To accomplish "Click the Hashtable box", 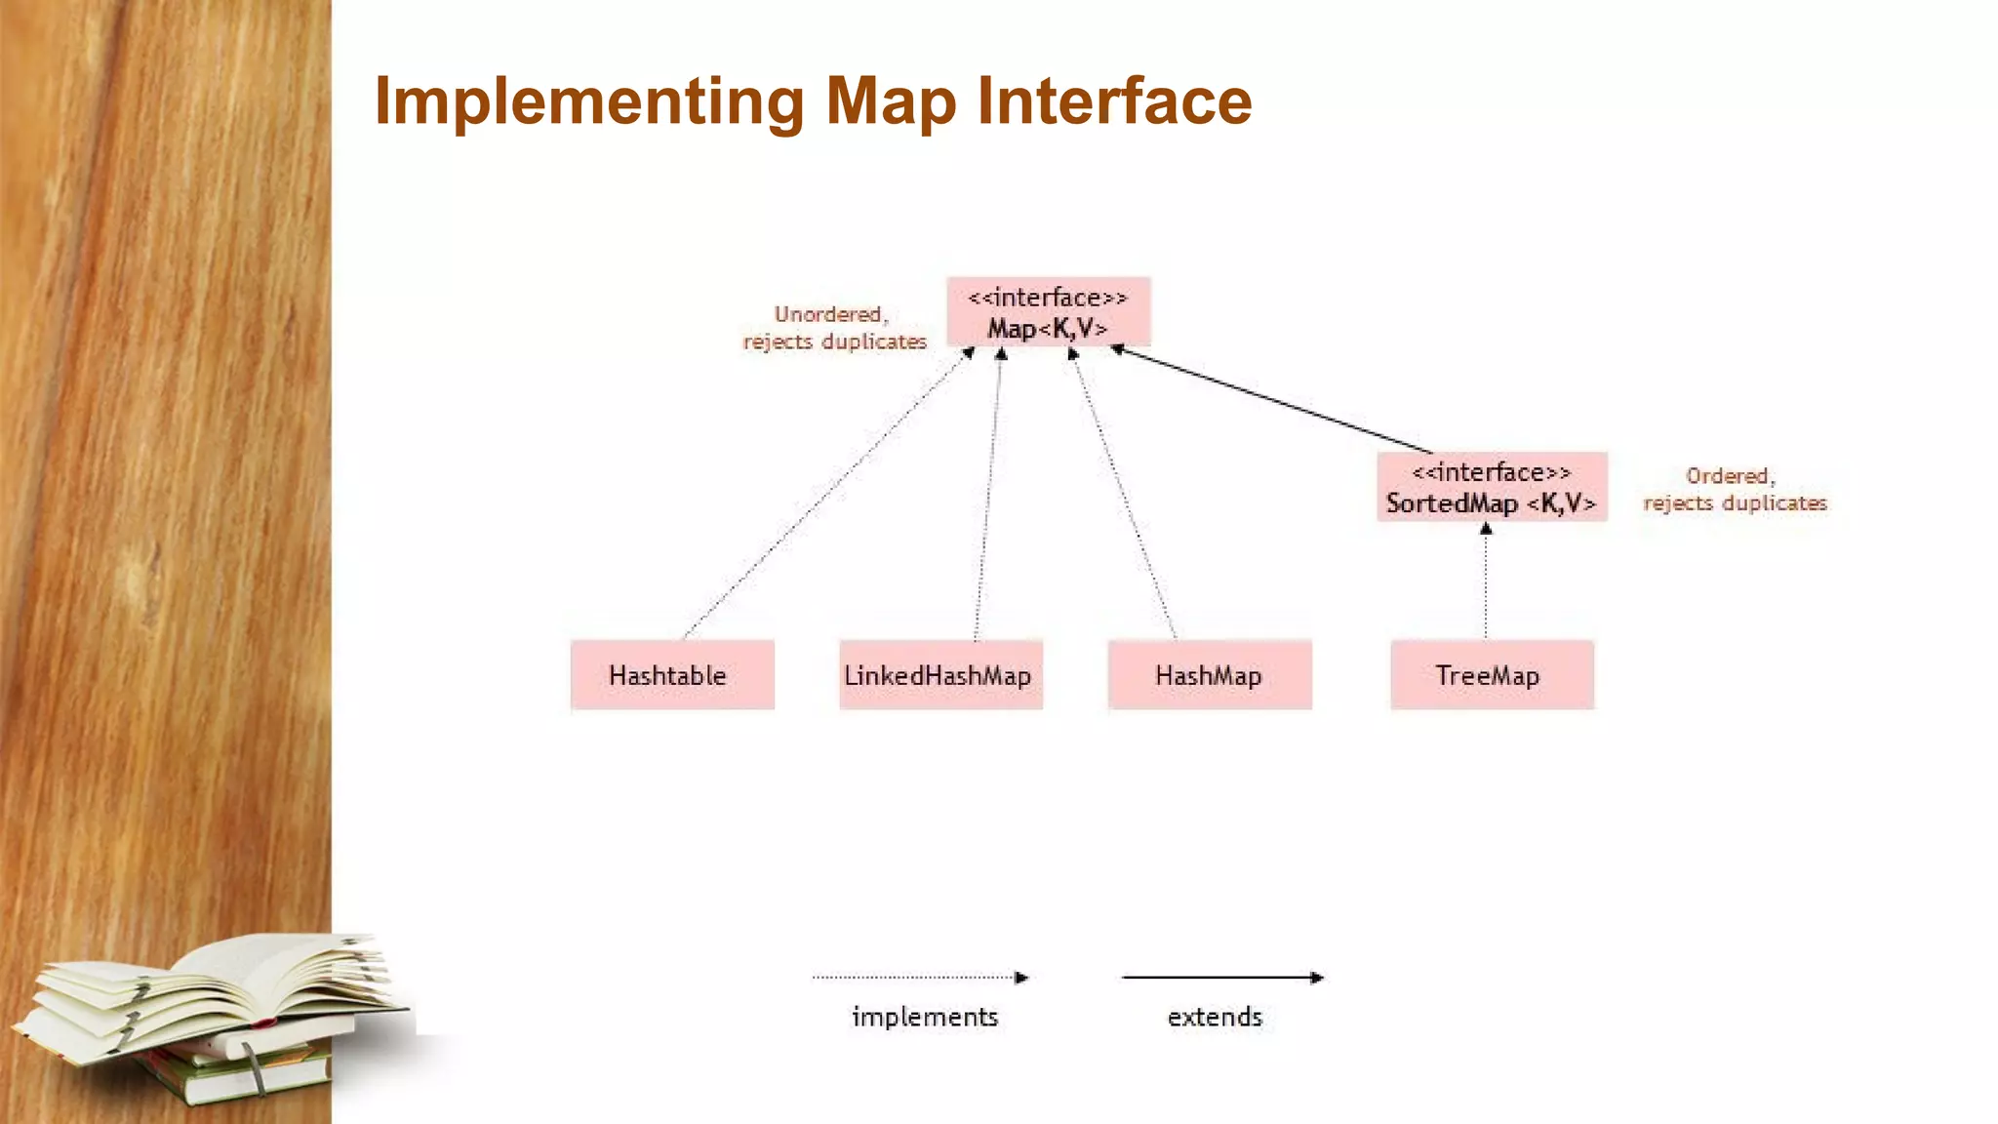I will point(672,675).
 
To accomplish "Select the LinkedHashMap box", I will point(940,675).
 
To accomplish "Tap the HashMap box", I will point(1210,675).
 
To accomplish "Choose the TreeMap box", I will point(1492,675).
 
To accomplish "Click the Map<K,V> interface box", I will point(1048,312).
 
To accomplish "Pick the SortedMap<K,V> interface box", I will point(1492,487).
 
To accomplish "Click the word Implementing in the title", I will point(589,101).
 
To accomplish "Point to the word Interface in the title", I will point(1114,101).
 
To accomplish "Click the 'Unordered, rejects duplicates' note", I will point(833,328).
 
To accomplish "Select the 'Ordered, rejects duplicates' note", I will point(1734,489).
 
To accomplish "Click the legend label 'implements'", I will point(925,1017).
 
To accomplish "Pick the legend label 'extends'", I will point(1215,1017).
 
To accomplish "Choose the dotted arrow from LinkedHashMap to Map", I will point(988,496).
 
